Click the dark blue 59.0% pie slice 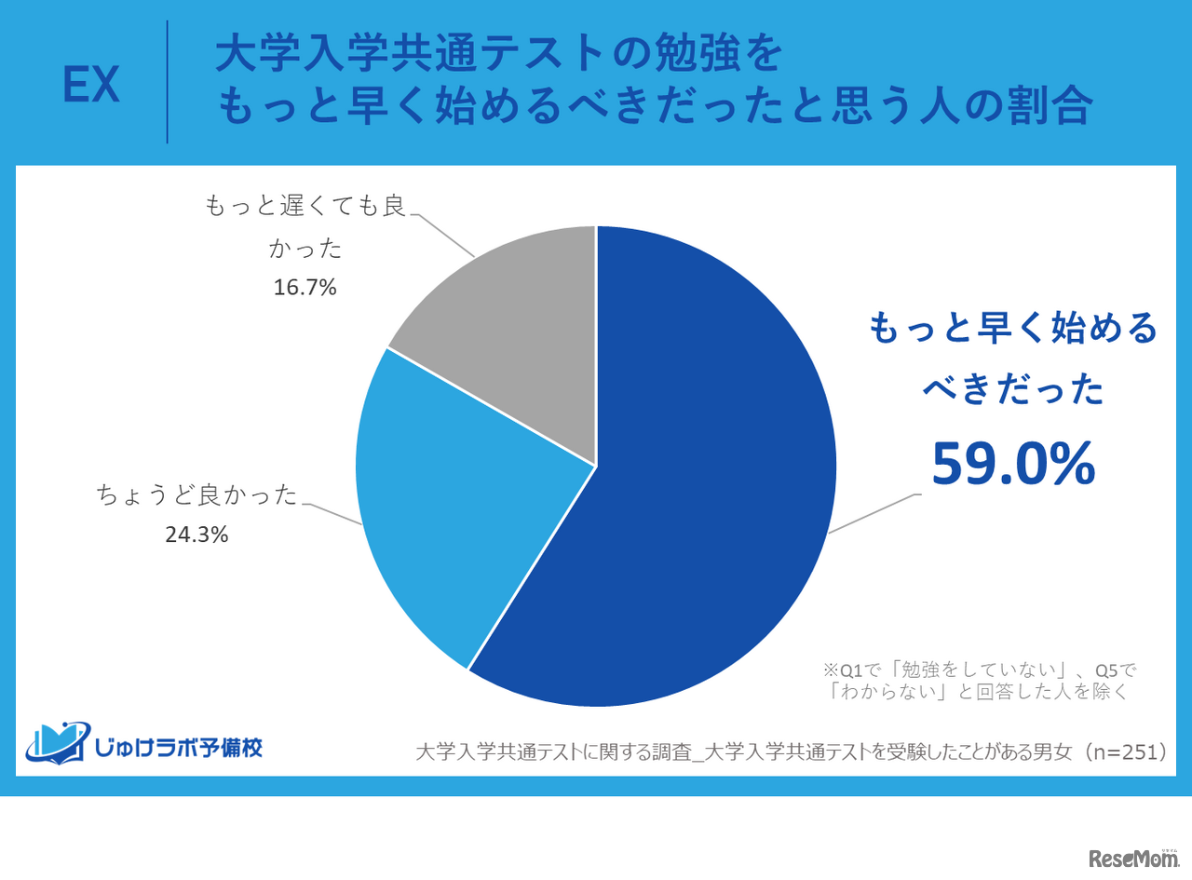(708, 484)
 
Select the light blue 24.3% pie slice (447, 521)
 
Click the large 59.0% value (1013, 463)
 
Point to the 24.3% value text (197, 535)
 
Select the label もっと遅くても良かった (305, 226)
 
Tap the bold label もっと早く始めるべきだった (1013, 359)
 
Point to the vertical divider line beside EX (168, 82)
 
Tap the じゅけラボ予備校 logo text (177, 746)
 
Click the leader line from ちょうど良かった (333, 515)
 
